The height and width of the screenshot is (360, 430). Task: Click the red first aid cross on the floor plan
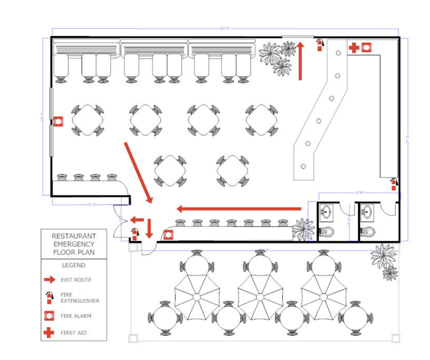(354, 47)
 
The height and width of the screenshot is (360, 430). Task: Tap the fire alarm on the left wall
(58, 121)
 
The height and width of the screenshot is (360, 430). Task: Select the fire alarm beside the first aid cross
(366, 47)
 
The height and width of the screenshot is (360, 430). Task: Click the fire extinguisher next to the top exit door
(320, 44)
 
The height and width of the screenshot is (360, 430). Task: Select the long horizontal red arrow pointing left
(239, 209)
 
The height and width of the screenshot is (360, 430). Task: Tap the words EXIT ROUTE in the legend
(76, 280)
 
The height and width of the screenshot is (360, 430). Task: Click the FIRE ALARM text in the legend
(76, 316)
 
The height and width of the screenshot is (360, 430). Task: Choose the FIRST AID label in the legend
(74, 333)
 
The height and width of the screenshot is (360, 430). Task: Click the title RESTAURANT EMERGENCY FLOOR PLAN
(74, 244)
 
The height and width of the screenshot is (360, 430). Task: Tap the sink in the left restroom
(326, 212)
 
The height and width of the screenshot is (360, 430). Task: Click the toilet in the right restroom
(367, 232)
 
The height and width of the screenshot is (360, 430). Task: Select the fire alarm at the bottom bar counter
(168, 234)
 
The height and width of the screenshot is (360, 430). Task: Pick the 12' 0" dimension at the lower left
(91, 204)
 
